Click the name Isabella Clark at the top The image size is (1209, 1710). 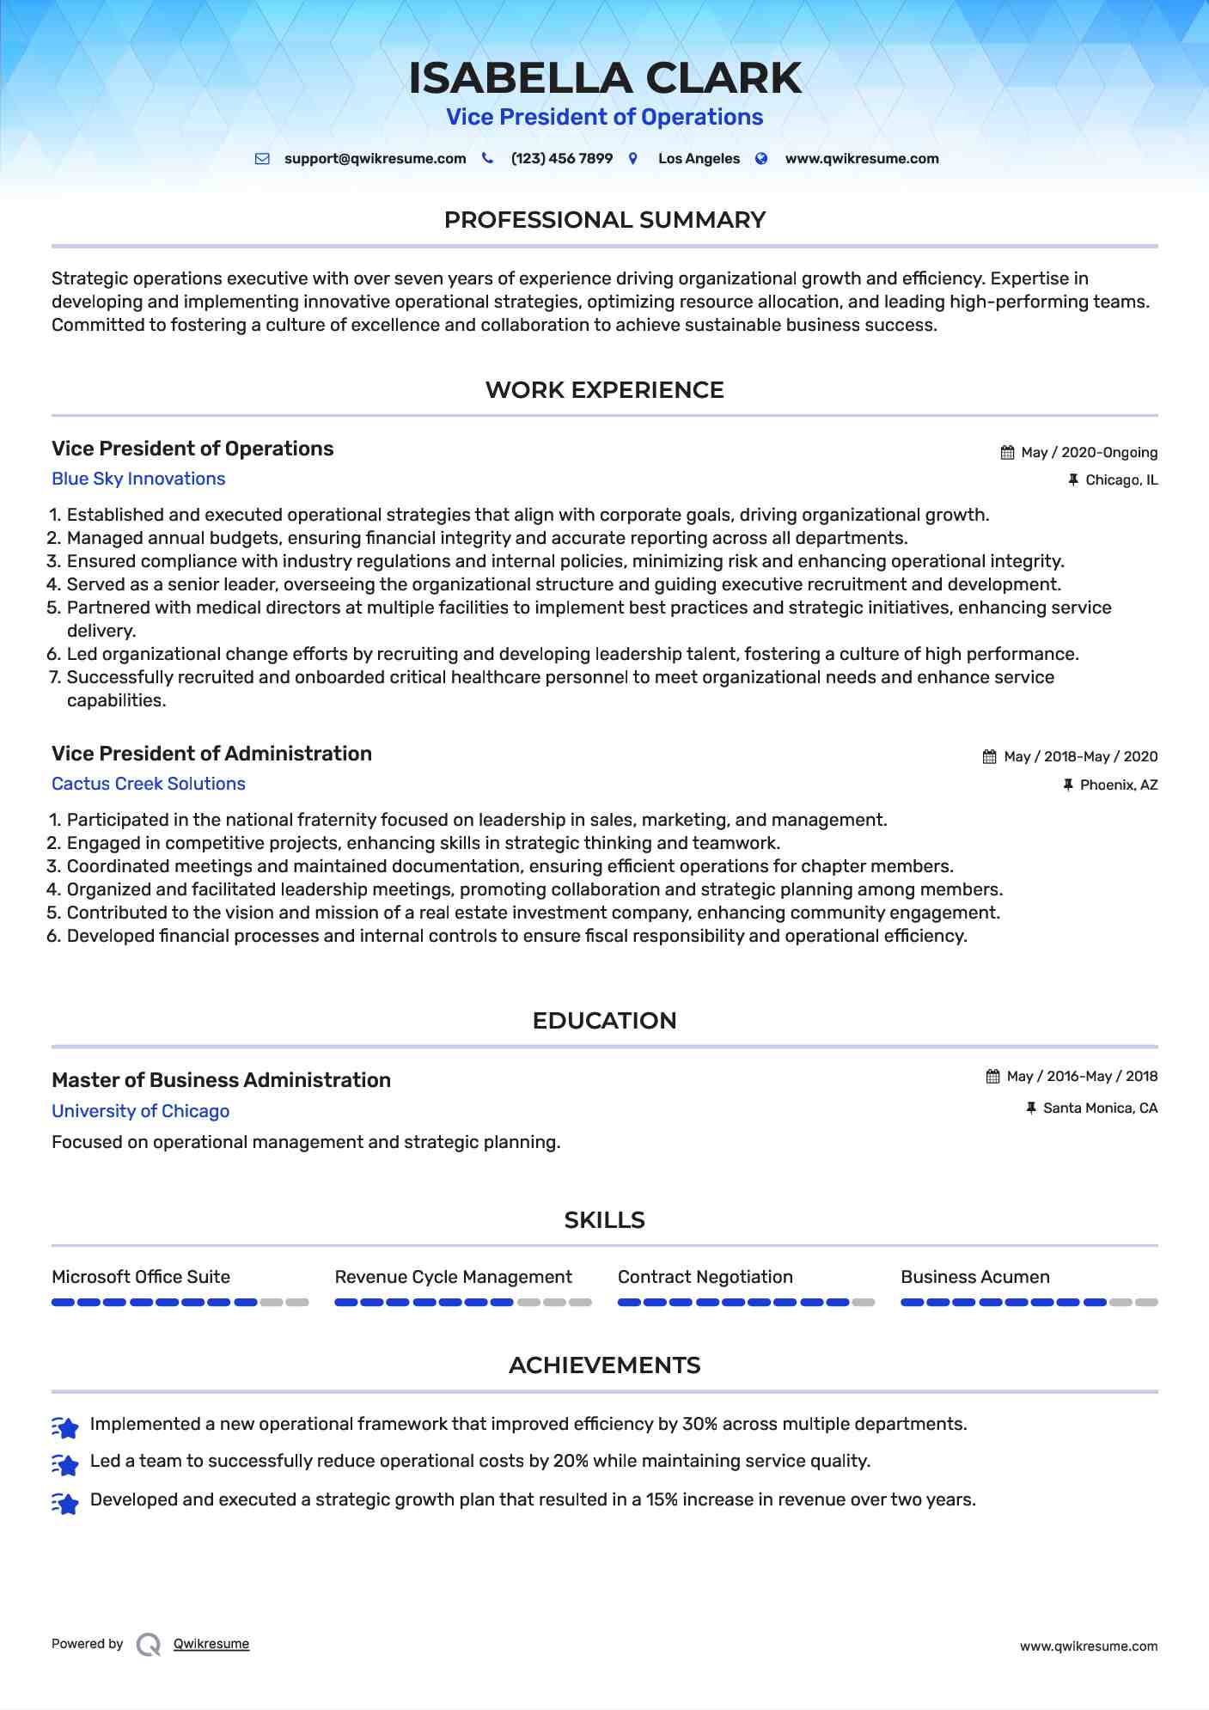coord(604,78)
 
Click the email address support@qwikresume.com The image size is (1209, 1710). coord(375,159)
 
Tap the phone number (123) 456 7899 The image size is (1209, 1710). coord(561,159)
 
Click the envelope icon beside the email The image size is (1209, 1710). coord(263,159)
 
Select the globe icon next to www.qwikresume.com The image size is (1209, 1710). coord(761,159)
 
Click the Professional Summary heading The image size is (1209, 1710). coord(604,220)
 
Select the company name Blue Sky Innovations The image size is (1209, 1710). coord(138,479)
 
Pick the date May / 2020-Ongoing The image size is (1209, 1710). coord(1089,453)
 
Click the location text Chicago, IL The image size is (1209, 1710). coord(1120,480)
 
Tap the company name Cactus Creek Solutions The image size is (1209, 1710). coord(149,784)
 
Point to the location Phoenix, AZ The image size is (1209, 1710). coord(1118,785)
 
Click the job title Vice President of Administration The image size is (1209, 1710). coord(211,754)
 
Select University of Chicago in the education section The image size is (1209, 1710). coord(140,1111)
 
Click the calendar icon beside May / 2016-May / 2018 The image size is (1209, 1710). coord(992,1077)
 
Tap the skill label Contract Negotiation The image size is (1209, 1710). coord(705,1277)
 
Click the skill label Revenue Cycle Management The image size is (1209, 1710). coord(453,1277)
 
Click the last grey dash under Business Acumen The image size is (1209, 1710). coord(1146,1303)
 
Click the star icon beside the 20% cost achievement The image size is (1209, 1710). coord(65,1463)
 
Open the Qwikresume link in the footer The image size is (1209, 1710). coord(211,1644)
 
